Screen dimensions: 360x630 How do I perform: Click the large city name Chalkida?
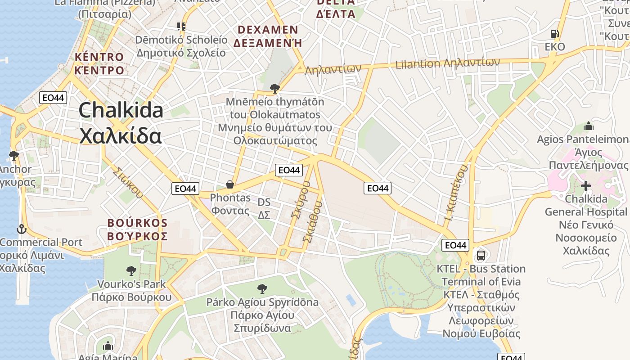(121, 110)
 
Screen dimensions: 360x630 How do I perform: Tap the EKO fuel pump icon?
(554, 34)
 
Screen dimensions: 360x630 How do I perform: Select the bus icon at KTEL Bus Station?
(481, 256)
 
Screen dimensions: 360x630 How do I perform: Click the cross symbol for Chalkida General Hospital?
(585, 185)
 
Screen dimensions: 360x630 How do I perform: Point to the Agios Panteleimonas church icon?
(588, 126)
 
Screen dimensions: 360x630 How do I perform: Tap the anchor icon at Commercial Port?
(21, 229)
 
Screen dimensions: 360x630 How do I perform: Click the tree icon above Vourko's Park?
(131, 271)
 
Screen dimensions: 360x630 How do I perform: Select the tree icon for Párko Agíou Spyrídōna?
(262, 289)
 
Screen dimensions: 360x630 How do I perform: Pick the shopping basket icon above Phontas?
(229, 184)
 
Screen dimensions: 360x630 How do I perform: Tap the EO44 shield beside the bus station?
(455, 245)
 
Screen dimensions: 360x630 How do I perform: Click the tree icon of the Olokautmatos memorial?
(274, 88)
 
